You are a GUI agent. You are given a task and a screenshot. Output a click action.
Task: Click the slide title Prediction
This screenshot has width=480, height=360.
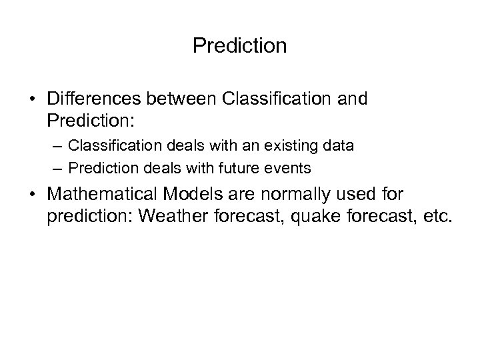239,46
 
